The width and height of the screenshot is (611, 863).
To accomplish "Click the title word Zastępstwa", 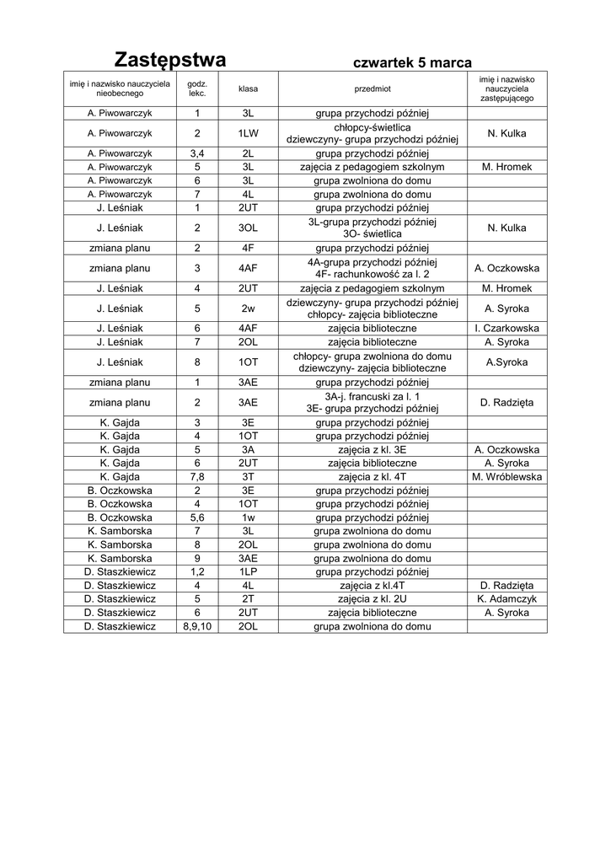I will point(170,61).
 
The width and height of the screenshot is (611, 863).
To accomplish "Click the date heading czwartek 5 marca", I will point(412,63).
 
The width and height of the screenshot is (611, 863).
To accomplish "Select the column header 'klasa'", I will point(248,88).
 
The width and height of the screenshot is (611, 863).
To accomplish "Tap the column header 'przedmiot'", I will point(372,88).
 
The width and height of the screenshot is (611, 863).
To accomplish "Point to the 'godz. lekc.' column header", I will point(197,88).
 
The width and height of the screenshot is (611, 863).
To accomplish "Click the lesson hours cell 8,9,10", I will point(197,626).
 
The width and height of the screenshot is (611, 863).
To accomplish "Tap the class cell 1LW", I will point(248,133).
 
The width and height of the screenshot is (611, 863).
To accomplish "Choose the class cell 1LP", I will point(248,571).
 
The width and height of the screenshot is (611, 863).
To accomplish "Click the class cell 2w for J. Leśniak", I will point(248,308).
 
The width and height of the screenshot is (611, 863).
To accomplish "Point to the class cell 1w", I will point(248,517).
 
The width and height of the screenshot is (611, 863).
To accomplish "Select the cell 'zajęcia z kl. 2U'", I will point(372,599).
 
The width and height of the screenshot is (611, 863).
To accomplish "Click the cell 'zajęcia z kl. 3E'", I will point(372,450).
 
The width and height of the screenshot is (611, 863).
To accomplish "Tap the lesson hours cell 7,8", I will point(197,477).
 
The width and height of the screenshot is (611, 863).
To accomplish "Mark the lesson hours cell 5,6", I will point(197,517).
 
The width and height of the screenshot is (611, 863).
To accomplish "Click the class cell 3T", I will point(248,477).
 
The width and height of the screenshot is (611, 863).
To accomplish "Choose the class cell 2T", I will point(248,599).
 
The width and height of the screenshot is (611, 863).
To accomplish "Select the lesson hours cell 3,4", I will point(197,153).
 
